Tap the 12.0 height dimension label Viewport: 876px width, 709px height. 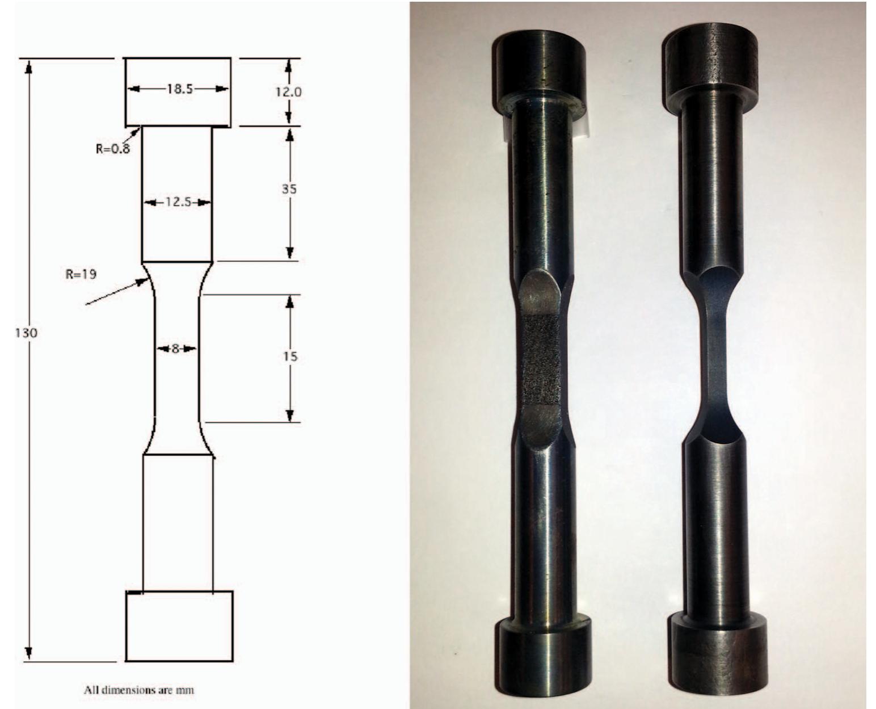(289, 92)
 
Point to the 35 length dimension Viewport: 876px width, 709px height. (289, 189)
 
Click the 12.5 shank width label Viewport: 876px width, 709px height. (178, 202)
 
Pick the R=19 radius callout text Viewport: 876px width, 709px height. (81, 274)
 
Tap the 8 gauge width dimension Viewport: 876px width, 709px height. (176, 349)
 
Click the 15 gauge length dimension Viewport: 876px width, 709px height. (290, 356)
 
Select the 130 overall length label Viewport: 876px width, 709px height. (27, 333)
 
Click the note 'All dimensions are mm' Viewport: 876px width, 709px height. (139, 690)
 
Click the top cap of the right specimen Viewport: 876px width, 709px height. (712, 60)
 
